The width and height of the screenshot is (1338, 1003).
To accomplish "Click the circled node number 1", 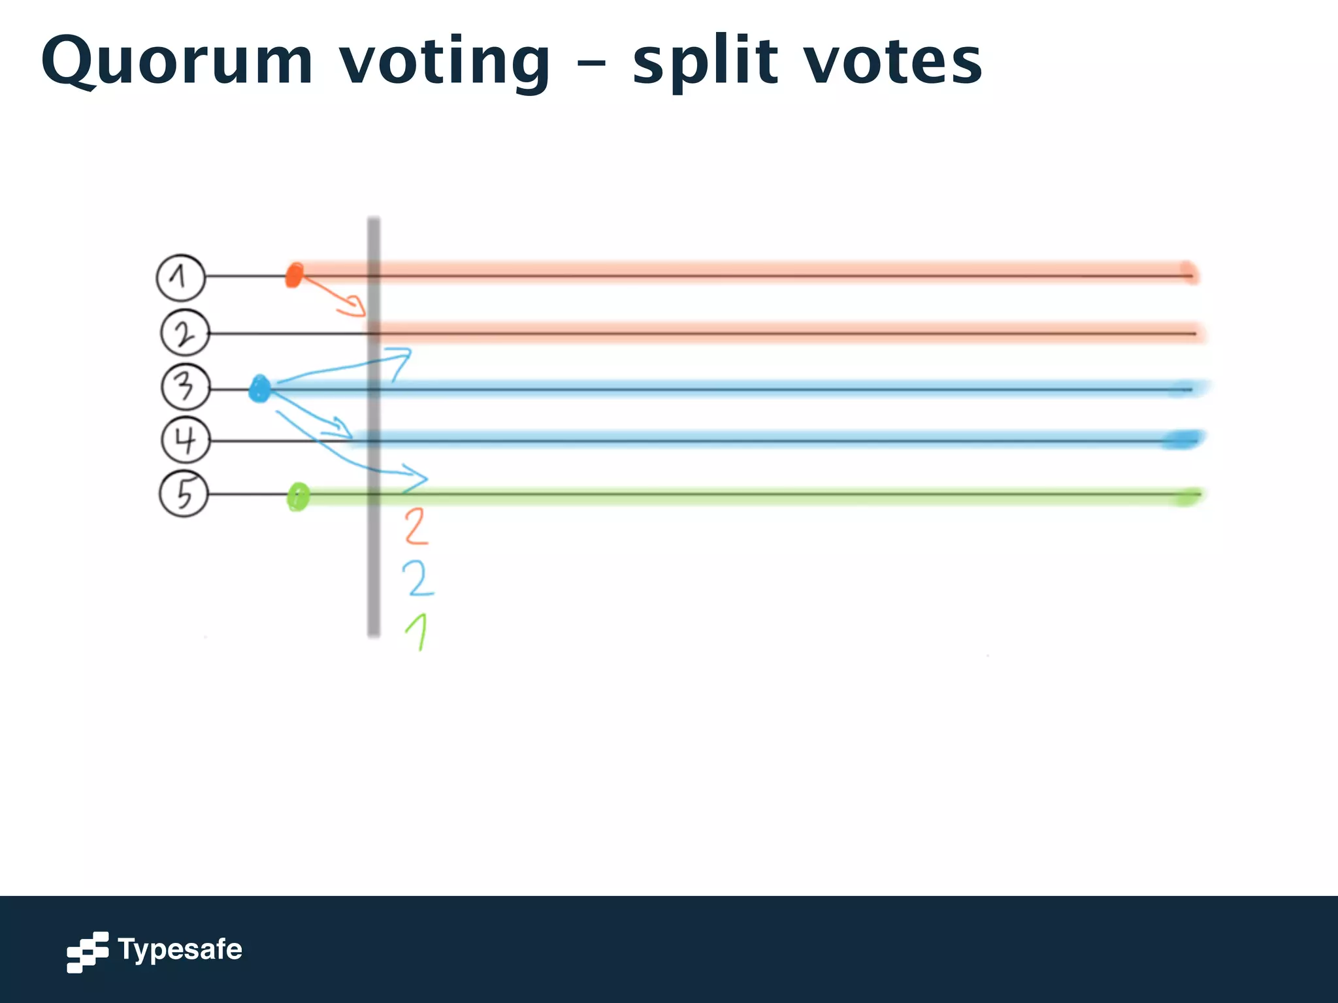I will tap(181, 278).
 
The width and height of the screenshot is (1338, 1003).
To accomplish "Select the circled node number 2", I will tap(185, 333).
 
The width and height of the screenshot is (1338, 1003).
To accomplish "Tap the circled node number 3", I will tap(186, 387).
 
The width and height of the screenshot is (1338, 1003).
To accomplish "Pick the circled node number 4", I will tap(186, 440).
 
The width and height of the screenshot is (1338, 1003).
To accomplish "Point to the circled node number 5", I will tap(184, 494).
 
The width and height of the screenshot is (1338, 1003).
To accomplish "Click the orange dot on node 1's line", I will tap(295, 275).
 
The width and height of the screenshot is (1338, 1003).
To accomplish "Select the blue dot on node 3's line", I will tap(259, 389).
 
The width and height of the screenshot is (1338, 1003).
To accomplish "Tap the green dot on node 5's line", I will tap(298, 497).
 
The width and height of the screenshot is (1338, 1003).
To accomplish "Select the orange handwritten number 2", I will tap(416, 527).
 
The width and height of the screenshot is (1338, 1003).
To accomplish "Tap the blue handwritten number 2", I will tap(417, 578).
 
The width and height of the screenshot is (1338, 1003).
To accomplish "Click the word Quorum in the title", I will tap(177, 62).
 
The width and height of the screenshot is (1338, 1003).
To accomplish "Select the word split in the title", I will tap(706, 62).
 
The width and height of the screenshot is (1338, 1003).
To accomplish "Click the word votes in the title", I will tap(892, 62).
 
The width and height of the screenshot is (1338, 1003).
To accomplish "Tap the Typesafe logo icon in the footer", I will tap(88, 951).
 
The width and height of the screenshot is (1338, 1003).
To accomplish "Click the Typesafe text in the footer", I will tap(180, 949).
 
